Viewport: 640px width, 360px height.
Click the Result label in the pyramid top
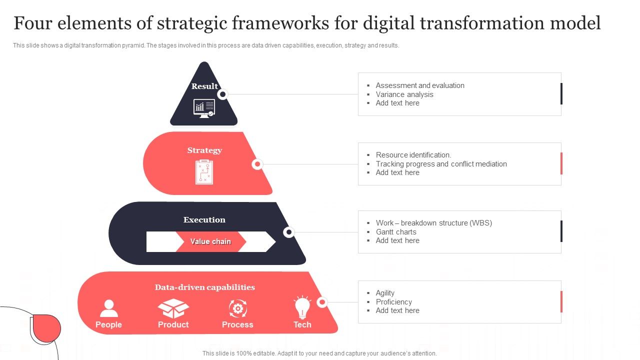204,86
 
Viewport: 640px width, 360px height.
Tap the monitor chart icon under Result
204,107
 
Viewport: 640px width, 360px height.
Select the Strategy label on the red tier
204,150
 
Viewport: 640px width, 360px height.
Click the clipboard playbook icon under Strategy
204,171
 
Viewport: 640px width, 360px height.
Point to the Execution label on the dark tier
204,219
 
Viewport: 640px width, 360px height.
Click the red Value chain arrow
210,241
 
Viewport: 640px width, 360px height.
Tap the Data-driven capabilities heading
204,287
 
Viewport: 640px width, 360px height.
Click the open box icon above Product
173,308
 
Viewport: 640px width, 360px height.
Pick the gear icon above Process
237,308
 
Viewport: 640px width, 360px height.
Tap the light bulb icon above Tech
302,307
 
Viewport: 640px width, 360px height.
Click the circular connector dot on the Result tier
223,94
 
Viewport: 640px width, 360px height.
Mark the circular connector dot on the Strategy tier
257,164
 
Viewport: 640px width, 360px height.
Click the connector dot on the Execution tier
288,232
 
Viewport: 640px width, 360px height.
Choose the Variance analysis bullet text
404,94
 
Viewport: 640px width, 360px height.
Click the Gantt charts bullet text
396,232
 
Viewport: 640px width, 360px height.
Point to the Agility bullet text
385,293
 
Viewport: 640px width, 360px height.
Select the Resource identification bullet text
413,155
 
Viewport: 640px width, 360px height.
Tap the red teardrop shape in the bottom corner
46,328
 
